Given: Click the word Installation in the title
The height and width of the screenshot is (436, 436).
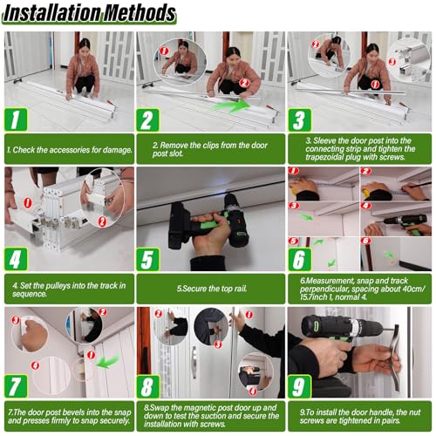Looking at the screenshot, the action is pos(51,14).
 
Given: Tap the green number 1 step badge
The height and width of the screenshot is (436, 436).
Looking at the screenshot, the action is pos(16,119).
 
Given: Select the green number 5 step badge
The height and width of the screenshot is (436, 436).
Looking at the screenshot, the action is pos(147,259).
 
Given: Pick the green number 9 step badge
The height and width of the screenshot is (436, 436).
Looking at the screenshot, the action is pos(299,386).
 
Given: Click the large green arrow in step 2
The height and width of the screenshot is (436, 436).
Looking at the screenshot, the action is pos(232,106).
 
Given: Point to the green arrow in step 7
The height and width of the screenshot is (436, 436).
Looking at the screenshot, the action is pos(108,361).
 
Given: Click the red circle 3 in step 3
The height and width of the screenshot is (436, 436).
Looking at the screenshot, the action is pos(392,62).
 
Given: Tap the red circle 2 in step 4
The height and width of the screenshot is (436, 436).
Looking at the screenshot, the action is pos(102,221).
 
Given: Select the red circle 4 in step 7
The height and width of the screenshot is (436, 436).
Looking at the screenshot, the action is pos(36,365).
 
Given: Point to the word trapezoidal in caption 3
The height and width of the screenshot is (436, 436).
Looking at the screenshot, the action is pos(324,157).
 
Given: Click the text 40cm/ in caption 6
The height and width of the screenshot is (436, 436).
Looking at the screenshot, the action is pos(413,289).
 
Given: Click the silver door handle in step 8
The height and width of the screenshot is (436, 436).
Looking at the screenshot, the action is pos(194,362).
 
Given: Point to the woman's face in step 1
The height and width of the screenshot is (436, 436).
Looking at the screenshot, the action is pos(84,47).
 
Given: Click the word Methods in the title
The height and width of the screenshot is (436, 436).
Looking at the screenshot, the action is pos(140,13).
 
